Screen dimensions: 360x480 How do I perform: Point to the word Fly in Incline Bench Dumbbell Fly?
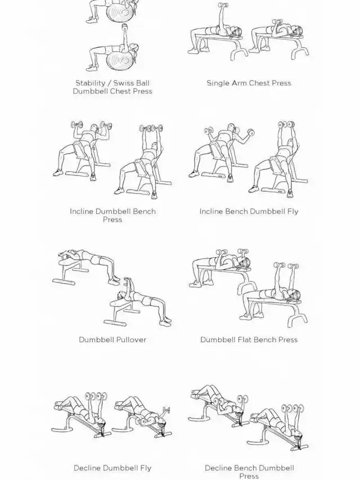pos(292,212)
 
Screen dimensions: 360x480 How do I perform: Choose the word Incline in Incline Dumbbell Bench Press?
pos(82,211)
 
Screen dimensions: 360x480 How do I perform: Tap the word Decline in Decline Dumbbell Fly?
pos(85,468)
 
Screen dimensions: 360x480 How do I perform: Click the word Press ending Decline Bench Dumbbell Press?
pos(249,476)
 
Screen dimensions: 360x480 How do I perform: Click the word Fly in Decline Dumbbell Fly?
pos(146,468)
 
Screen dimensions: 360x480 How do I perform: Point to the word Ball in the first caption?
pos(143,83)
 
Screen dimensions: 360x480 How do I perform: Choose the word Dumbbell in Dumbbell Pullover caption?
pos(93,339)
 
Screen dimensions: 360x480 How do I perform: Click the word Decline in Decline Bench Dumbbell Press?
pos(217,468)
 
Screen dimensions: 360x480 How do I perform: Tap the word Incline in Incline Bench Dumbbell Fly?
pos(211,211)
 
